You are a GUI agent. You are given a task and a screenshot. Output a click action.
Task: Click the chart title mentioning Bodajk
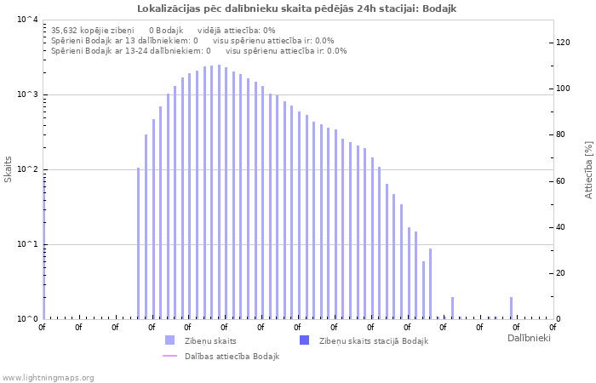297,8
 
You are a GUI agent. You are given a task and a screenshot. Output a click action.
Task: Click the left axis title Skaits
9,169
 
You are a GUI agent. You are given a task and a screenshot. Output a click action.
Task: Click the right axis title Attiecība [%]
588,170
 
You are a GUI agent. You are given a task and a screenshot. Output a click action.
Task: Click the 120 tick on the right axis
563,43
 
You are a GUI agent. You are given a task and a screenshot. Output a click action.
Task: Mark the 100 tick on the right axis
563,89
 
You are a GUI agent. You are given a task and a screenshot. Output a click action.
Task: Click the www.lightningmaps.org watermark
49,378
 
